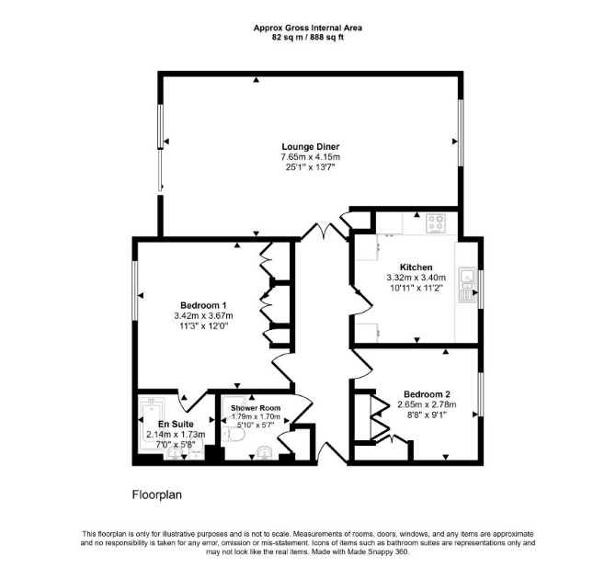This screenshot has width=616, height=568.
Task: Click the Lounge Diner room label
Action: coord(311,147)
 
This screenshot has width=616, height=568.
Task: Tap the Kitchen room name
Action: coord(416,267)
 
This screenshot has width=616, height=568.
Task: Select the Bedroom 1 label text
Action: coord(203,305)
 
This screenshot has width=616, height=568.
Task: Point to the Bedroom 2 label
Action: coord(427,394)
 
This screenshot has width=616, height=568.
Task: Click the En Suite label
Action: coord(176,425)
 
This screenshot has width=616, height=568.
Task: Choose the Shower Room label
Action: coord(256,408)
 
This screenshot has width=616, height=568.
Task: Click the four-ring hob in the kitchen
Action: coord(437,224)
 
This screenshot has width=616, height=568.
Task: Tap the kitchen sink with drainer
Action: coord(467,284)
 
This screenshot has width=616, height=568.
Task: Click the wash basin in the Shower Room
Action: coord(266,453)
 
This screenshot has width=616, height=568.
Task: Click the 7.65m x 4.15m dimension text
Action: coord(311,157)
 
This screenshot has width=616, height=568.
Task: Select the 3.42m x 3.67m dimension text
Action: coord(203,315)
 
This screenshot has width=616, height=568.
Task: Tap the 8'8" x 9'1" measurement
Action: coord(427,415)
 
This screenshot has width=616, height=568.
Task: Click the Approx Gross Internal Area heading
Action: coord(308,28)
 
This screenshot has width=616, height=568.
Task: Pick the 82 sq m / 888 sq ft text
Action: coord(308,38)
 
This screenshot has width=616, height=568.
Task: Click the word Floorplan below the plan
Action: coord(156,494)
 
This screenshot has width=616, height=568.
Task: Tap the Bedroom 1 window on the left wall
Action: coord(135,290)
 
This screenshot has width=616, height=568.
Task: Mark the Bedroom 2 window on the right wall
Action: coord(481,393)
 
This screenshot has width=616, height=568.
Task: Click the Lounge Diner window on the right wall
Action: coord(461,132)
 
